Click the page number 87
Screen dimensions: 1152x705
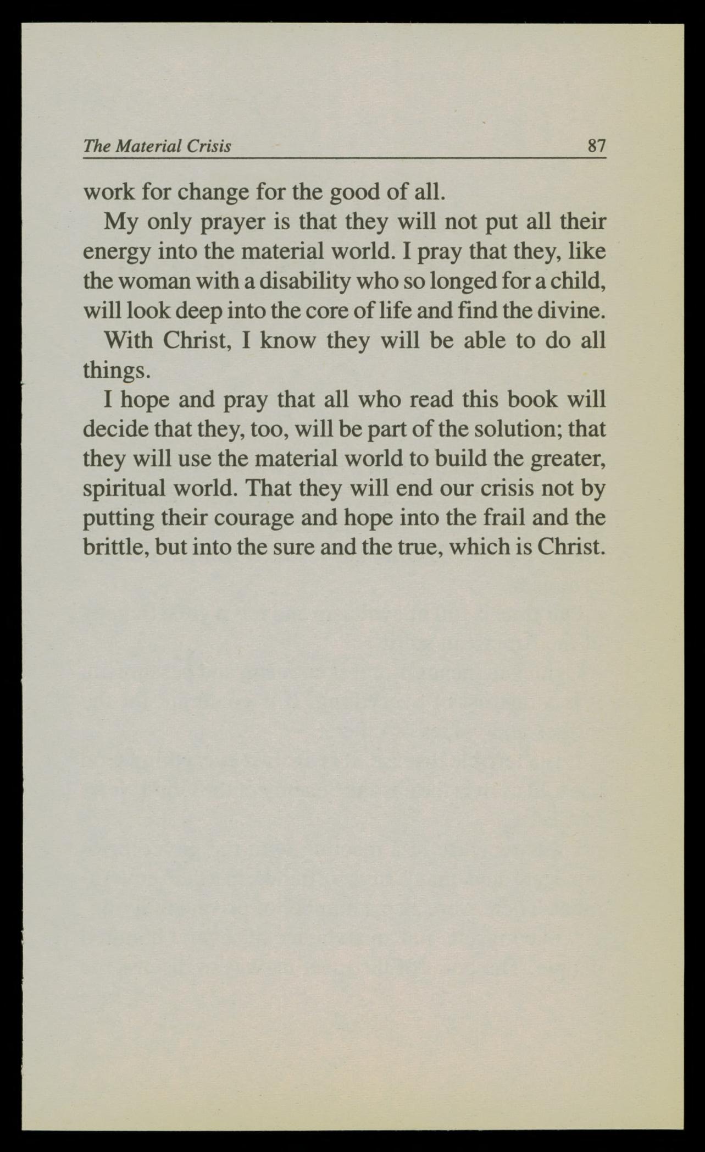[x=596, y=146]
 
